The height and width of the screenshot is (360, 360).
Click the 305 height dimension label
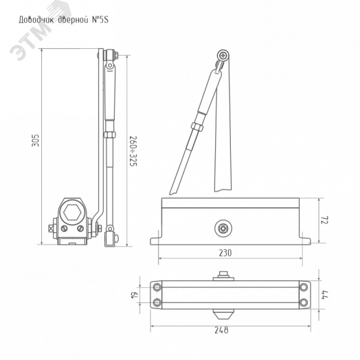pyautogui.click(x=36, y=140)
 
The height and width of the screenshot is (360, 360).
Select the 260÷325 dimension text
pyautogui.click(x=133, y=151)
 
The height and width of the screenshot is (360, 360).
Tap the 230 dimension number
pyautogui.click(x=225, y=253)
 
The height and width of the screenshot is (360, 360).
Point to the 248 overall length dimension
pyautogui.click(x=221, y=330)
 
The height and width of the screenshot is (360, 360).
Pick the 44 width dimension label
pyautogui.click(x=326, y=295)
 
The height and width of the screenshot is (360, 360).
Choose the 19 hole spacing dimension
pyautogui.click(x=135, y=295)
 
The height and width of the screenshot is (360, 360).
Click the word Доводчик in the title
pyautogui.click(x=36, y=20)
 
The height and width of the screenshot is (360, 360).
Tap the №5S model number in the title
pyautogui.click(x=100, y=20)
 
